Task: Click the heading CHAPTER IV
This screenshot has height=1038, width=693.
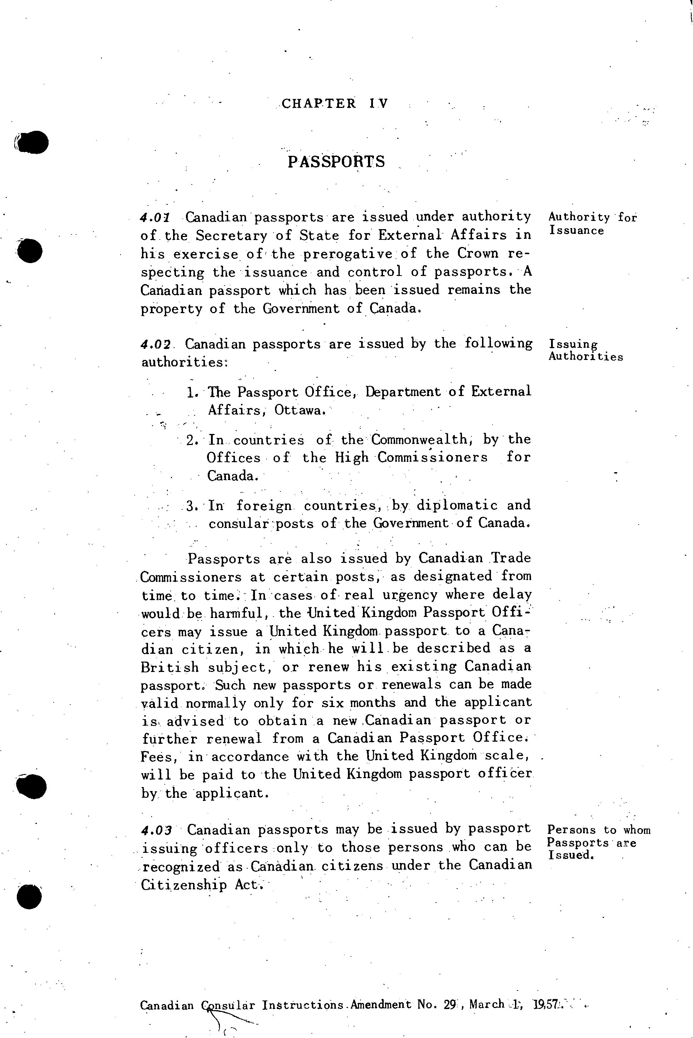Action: (335, 104)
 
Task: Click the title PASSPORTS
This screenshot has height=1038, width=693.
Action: (336, 162)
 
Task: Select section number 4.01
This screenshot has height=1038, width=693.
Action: (154, 217)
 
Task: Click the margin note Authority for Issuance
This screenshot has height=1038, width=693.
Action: (592, 223)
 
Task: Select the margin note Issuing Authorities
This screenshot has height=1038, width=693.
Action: (586, 350)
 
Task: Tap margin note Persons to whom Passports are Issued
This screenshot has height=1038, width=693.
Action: (599, 842)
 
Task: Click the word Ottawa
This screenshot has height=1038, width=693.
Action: (300, 410)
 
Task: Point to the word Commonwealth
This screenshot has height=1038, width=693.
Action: (419, 440)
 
